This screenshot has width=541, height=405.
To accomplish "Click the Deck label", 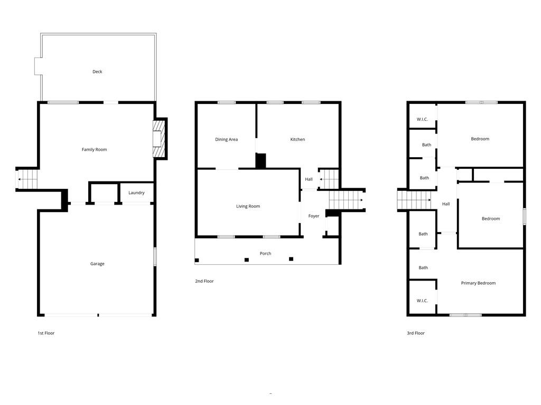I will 97,72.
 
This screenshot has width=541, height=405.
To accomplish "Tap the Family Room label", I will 94,150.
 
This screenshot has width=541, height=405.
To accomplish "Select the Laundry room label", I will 136,193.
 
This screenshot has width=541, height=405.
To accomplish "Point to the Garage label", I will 97,264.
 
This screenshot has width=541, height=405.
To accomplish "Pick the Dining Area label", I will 226,140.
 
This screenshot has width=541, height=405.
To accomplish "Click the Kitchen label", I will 297,140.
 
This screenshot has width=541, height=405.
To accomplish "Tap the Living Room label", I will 248,207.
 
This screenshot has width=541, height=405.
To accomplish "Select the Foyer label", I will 314,216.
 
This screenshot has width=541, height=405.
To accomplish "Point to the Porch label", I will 265,254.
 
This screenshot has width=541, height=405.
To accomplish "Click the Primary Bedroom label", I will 478,283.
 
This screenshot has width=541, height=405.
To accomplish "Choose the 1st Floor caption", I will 46,333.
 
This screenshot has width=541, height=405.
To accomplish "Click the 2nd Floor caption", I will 204,282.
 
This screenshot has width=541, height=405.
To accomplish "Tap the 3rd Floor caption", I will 416,333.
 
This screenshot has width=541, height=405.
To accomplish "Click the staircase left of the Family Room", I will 28,179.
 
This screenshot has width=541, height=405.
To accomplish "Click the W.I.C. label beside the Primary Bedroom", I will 422,301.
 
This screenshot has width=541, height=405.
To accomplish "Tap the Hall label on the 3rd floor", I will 446,204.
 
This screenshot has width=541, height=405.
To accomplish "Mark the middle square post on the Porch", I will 246,259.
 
